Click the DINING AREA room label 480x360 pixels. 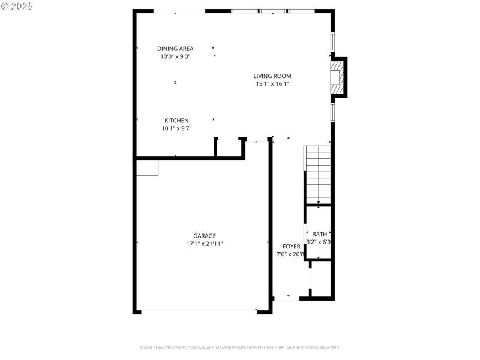(175, 49)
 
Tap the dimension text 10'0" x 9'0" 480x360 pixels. (175, 57)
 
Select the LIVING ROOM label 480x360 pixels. (272, 76)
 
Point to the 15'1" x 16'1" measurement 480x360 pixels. (272, 84)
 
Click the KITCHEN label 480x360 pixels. (176, 121)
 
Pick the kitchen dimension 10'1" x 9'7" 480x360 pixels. (176, 128)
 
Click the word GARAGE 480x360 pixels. (204, 236)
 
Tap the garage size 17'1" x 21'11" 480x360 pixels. (204, 244)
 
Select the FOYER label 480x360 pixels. (292, 247)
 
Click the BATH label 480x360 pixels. (319, 234)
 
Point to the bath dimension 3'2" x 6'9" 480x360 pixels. (319, 242)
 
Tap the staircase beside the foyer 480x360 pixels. (318, 175)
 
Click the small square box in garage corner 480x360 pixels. (147, 167)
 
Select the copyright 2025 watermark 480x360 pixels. (17, 5)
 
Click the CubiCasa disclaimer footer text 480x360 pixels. (240, 347)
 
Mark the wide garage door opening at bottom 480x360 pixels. (198, 311)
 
